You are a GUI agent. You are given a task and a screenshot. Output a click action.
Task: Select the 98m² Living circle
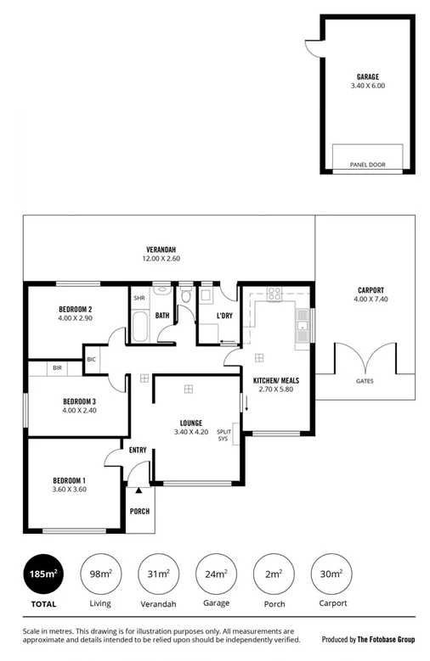[x=100, y=574]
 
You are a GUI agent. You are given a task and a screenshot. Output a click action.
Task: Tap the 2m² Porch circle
[x=274, y=574]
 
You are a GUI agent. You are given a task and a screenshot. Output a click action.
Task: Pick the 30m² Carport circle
[x=332, y=574]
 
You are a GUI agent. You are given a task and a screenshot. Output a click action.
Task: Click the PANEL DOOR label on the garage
[x=367, y=164]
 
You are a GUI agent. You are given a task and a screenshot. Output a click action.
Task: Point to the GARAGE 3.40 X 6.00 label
[x=367, y=81]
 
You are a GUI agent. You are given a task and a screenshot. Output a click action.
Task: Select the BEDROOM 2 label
[x=76, y=309]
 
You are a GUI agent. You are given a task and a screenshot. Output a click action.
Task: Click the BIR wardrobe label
[x=56, y=368]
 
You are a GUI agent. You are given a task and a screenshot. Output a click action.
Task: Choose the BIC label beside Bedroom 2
[x=92, y=360]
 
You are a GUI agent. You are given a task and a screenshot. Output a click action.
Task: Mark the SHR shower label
[x=138, y=298]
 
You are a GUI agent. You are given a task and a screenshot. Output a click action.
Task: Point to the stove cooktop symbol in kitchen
[x=274, y=294]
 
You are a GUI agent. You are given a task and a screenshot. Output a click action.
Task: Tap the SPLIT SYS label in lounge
[x=223, y=434]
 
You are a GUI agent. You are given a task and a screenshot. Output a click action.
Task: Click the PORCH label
[x=139, y=511]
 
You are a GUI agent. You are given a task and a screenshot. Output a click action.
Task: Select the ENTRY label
[x=138, y=450]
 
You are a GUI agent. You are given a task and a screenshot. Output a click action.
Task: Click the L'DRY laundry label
[x=224, y=316]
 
